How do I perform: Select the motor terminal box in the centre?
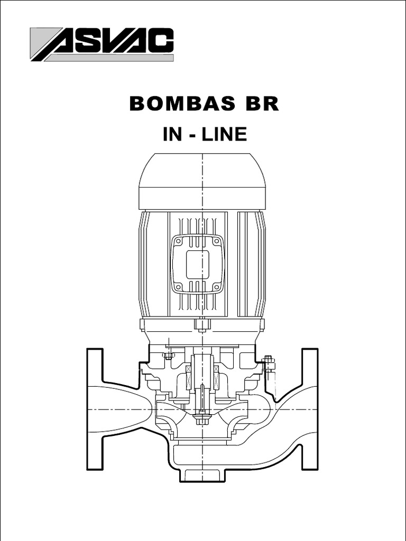[198, 264]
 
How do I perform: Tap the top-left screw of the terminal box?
[179, 241]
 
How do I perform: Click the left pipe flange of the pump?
[95, 409]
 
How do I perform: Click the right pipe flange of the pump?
[310, 409]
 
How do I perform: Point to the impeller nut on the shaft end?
[201, 419]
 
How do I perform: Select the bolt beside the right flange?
[269, 364]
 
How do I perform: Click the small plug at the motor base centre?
[202, 324]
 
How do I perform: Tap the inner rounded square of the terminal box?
[198, 264]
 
